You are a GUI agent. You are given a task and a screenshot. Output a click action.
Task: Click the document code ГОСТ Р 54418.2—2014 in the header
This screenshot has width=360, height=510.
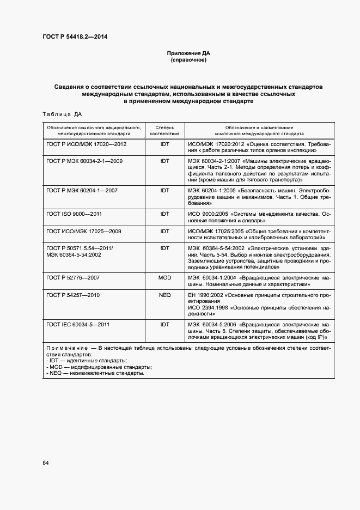click(78, 37)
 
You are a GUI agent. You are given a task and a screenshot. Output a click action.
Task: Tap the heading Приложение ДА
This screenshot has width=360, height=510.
click(188, 53)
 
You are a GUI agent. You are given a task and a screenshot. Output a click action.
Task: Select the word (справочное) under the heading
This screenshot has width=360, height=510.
click(188, 60)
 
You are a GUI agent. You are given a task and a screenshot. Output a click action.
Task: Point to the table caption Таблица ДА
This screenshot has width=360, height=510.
click(62, 114)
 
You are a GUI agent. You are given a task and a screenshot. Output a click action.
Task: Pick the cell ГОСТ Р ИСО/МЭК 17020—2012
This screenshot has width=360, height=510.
click(87, 144)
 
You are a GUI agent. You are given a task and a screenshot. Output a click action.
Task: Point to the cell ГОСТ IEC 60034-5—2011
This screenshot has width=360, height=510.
click(78, 324)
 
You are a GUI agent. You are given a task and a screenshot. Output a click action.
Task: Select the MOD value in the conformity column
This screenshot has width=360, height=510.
click(164, 278)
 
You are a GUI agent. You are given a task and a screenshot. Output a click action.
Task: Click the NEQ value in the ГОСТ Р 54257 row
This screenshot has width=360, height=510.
click(164, 295)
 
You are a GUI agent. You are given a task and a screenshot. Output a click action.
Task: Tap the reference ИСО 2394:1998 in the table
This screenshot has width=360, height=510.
click(209, 308)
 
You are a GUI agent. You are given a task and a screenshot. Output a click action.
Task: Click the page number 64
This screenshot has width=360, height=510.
click(46, 463)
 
